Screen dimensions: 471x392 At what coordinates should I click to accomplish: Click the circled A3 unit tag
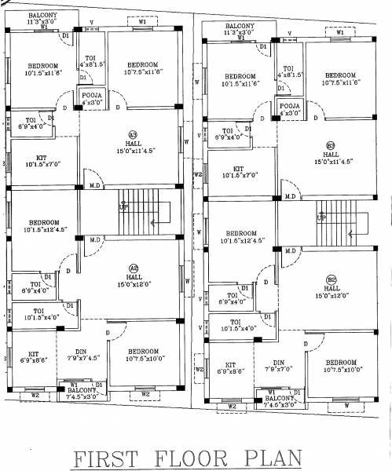point(133,133)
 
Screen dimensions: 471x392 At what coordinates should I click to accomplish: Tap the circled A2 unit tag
point(133,267)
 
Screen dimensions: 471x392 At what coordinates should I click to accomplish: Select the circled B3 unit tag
point(330,145)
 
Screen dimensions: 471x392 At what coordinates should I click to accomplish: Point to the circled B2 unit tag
point(331,279)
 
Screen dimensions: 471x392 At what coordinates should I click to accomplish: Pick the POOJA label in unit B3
point(289,104)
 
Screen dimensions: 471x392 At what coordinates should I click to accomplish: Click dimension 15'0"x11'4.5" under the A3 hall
point(133,151)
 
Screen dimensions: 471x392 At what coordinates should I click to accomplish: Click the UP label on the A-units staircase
point(123,207)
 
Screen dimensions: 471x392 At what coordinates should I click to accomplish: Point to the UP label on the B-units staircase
point(321,217)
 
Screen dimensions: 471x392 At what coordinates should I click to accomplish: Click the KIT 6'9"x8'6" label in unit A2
point(35,357)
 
